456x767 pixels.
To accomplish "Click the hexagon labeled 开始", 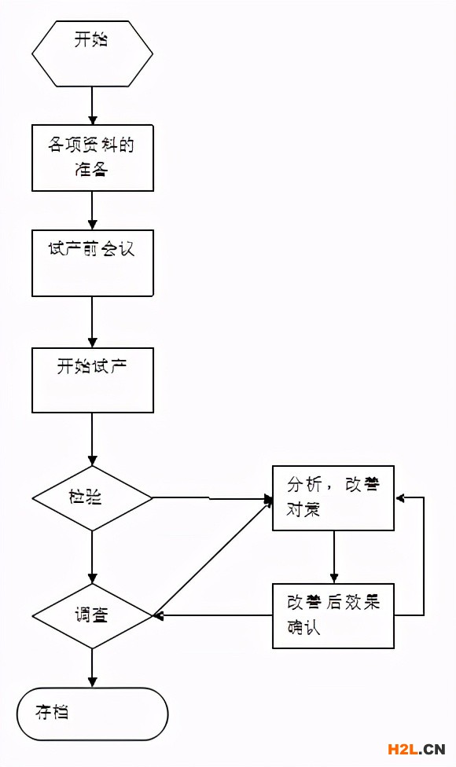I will click(x=92, y=53).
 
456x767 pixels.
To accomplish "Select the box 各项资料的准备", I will click(x=92, y=157).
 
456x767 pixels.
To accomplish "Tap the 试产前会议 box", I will click(x=92, y=262).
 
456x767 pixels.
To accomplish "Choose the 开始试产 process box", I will click(x=92, y=380).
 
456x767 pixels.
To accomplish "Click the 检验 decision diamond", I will click(x=92, y=498).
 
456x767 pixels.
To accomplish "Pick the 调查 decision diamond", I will click(x=92, y=615).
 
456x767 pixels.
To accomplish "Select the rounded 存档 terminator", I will click(x=92, y=714).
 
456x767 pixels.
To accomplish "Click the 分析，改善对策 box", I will click(x=333, y=498).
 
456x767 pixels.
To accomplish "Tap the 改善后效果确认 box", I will click(x=333, y=615).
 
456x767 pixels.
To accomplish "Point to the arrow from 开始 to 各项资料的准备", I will click(x=92, y=105).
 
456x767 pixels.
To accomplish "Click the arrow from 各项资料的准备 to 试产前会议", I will click(x=92, y=210).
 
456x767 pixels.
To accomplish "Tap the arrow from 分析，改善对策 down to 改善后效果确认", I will click(x=333, y=556).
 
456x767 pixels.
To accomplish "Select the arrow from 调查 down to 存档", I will click(x=92, y=667).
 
